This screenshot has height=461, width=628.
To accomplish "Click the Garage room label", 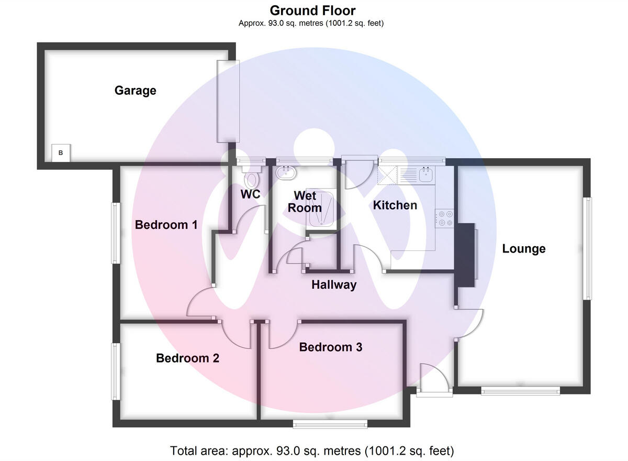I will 135,91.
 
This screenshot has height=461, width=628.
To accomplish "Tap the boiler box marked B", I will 61,153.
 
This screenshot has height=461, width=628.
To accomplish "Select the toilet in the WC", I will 252,178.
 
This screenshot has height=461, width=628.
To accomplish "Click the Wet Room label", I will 305,201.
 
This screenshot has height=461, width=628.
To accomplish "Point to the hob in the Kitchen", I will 445,218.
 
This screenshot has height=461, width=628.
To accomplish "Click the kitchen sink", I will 425,174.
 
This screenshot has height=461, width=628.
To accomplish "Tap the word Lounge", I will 523,249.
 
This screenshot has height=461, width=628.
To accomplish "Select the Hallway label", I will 334,285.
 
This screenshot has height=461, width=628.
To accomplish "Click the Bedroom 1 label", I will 166,225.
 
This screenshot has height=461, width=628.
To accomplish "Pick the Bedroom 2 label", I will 187,358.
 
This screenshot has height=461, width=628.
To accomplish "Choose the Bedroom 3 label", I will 330,347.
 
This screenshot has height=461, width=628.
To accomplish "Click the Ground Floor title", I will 312,10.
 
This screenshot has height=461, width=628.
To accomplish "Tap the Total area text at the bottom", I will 312,451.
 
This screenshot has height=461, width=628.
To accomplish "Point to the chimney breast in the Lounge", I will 465,255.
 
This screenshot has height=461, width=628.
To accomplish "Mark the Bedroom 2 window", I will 114,371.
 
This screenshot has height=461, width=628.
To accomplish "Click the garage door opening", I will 228,101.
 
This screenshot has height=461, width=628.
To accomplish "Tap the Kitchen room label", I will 395,205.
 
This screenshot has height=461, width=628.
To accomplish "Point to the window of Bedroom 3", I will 330,424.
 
